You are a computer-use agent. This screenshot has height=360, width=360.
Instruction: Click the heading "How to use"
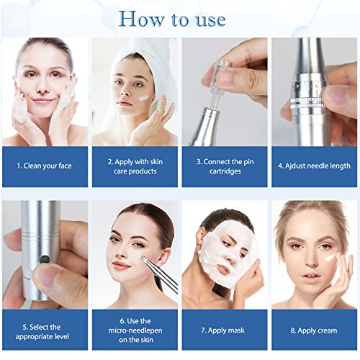point(172,19)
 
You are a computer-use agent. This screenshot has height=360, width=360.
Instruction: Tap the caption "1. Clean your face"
point(45,166)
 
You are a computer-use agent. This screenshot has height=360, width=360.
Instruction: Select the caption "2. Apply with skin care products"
point(135,166)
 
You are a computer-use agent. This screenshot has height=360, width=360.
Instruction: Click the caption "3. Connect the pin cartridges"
point(225,166)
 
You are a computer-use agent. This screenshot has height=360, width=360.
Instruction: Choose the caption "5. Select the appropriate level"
point(42,332)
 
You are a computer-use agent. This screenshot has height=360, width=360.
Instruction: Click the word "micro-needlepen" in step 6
point(135,330)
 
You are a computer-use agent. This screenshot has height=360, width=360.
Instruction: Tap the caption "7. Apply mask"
point(223,330)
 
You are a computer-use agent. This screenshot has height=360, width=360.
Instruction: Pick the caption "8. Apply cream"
point(314,330)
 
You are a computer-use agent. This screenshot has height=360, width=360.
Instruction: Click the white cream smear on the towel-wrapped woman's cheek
point(144,97)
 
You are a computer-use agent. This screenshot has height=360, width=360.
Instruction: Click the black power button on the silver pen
point(45,259)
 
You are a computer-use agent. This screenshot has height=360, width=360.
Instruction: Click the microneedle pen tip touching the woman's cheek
point(142,258)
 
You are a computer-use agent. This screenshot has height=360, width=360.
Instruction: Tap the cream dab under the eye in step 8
point(330,258)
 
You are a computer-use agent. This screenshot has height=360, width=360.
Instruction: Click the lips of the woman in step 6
point(121,265)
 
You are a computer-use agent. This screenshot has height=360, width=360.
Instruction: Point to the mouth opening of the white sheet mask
point(222,269)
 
